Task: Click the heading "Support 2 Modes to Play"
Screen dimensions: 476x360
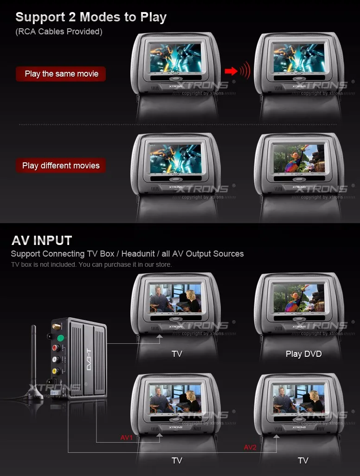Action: (91, 18)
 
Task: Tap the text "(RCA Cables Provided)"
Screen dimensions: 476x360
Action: (59, 32)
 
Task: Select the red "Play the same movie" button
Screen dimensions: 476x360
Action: (61, 74)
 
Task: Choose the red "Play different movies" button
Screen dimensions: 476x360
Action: (61, 166)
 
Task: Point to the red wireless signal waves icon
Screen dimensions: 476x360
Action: (244, 71)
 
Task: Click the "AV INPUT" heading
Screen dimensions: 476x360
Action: (42, 240)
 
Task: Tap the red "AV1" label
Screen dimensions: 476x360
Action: (127, 437)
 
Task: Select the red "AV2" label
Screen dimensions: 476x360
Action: (250, 447)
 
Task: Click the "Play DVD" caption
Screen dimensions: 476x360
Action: (303, 354)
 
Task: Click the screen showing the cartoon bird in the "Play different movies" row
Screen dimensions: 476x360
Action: (298, 158)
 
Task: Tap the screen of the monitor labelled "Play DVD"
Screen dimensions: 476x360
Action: (298, 297)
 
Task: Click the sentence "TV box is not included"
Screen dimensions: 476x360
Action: (91, 264)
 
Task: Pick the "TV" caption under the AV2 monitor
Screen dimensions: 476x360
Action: (303, 460)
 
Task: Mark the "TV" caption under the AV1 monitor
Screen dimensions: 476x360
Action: (177, 460)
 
